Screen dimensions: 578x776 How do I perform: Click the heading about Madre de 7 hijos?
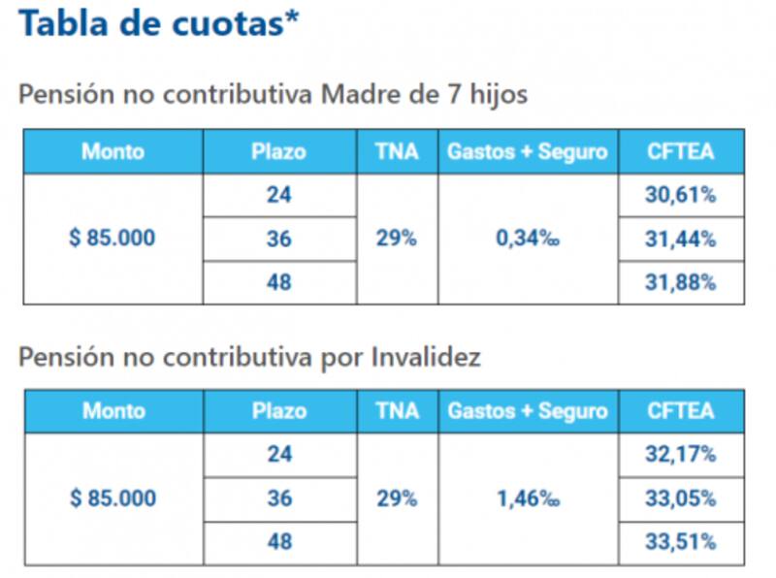[273, 96]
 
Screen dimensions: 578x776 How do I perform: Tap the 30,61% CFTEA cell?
[681, 195]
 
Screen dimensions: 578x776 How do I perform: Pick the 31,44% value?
[681, 239]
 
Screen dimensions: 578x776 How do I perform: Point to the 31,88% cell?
[681, 283]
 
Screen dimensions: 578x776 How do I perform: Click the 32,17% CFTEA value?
[681, 455]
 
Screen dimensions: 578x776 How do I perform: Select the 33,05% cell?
[681, 498]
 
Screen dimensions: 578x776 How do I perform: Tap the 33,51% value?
[681, 542]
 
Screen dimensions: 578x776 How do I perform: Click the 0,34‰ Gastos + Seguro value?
[528, 239]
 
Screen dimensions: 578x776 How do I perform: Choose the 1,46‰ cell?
[528, 498]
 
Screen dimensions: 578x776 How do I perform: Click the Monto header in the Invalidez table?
[113, 411]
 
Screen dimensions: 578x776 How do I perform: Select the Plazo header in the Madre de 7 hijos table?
[278, 151]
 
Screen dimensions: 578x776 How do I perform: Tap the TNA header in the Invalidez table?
[397, 411]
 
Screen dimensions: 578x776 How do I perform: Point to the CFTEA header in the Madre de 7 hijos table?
[681, 151]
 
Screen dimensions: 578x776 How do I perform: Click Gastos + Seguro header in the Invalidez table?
[528, 411]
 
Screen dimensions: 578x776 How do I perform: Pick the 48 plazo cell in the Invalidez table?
[278, 542]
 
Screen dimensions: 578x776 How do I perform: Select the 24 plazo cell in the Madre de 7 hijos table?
[278, 195]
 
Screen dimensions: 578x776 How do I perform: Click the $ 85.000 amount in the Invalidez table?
[113, 498]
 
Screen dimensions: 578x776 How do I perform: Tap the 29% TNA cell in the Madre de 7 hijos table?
[397, 239]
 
